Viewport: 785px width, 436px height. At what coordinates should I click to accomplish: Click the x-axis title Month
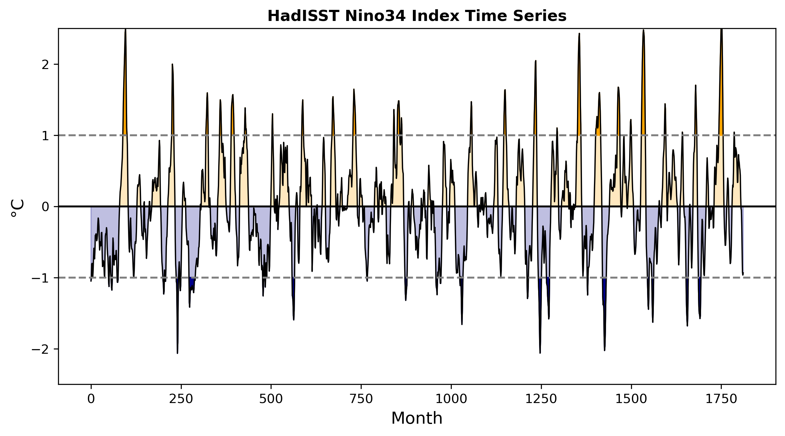click(417, 418)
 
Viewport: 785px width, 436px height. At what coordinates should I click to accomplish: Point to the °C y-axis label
click(17, 208)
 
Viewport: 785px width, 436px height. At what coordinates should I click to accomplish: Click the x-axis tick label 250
click(181, 399)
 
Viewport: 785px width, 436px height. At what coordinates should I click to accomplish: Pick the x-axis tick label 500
click(271, 399)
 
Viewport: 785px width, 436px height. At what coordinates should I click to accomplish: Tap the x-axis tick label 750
click(361, 399)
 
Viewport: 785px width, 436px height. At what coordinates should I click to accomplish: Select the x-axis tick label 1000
click(451, 399)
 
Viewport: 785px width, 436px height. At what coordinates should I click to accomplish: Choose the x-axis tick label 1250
click(541, 399)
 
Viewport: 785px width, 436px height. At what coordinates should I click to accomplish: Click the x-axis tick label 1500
click(631, 399)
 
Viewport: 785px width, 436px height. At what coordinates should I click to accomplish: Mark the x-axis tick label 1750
click(721, 399)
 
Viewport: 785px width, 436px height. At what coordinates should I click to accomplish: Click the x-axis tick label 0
click(91, 399)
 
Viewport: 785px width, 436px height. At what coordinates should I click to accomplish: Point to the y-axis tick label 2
click(45, 65)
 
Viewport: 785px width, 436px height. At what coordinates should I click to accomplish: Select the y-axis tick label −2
click(40, 349)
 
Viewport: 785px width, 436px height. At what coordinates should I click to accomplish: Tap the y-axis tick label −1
click(40, 278)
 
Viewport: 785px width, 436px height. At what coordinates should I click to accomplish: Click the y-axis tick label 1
click(45, 136)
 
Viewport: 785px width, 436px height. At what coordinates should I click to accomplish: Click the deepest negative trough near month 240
click(177, 353)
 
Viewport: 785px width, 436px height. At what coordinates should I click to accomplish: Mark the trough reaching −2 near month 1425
click(604, 350)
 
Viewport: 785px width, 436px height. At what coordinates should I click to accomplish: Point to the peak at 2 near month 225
click(172, 64)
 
